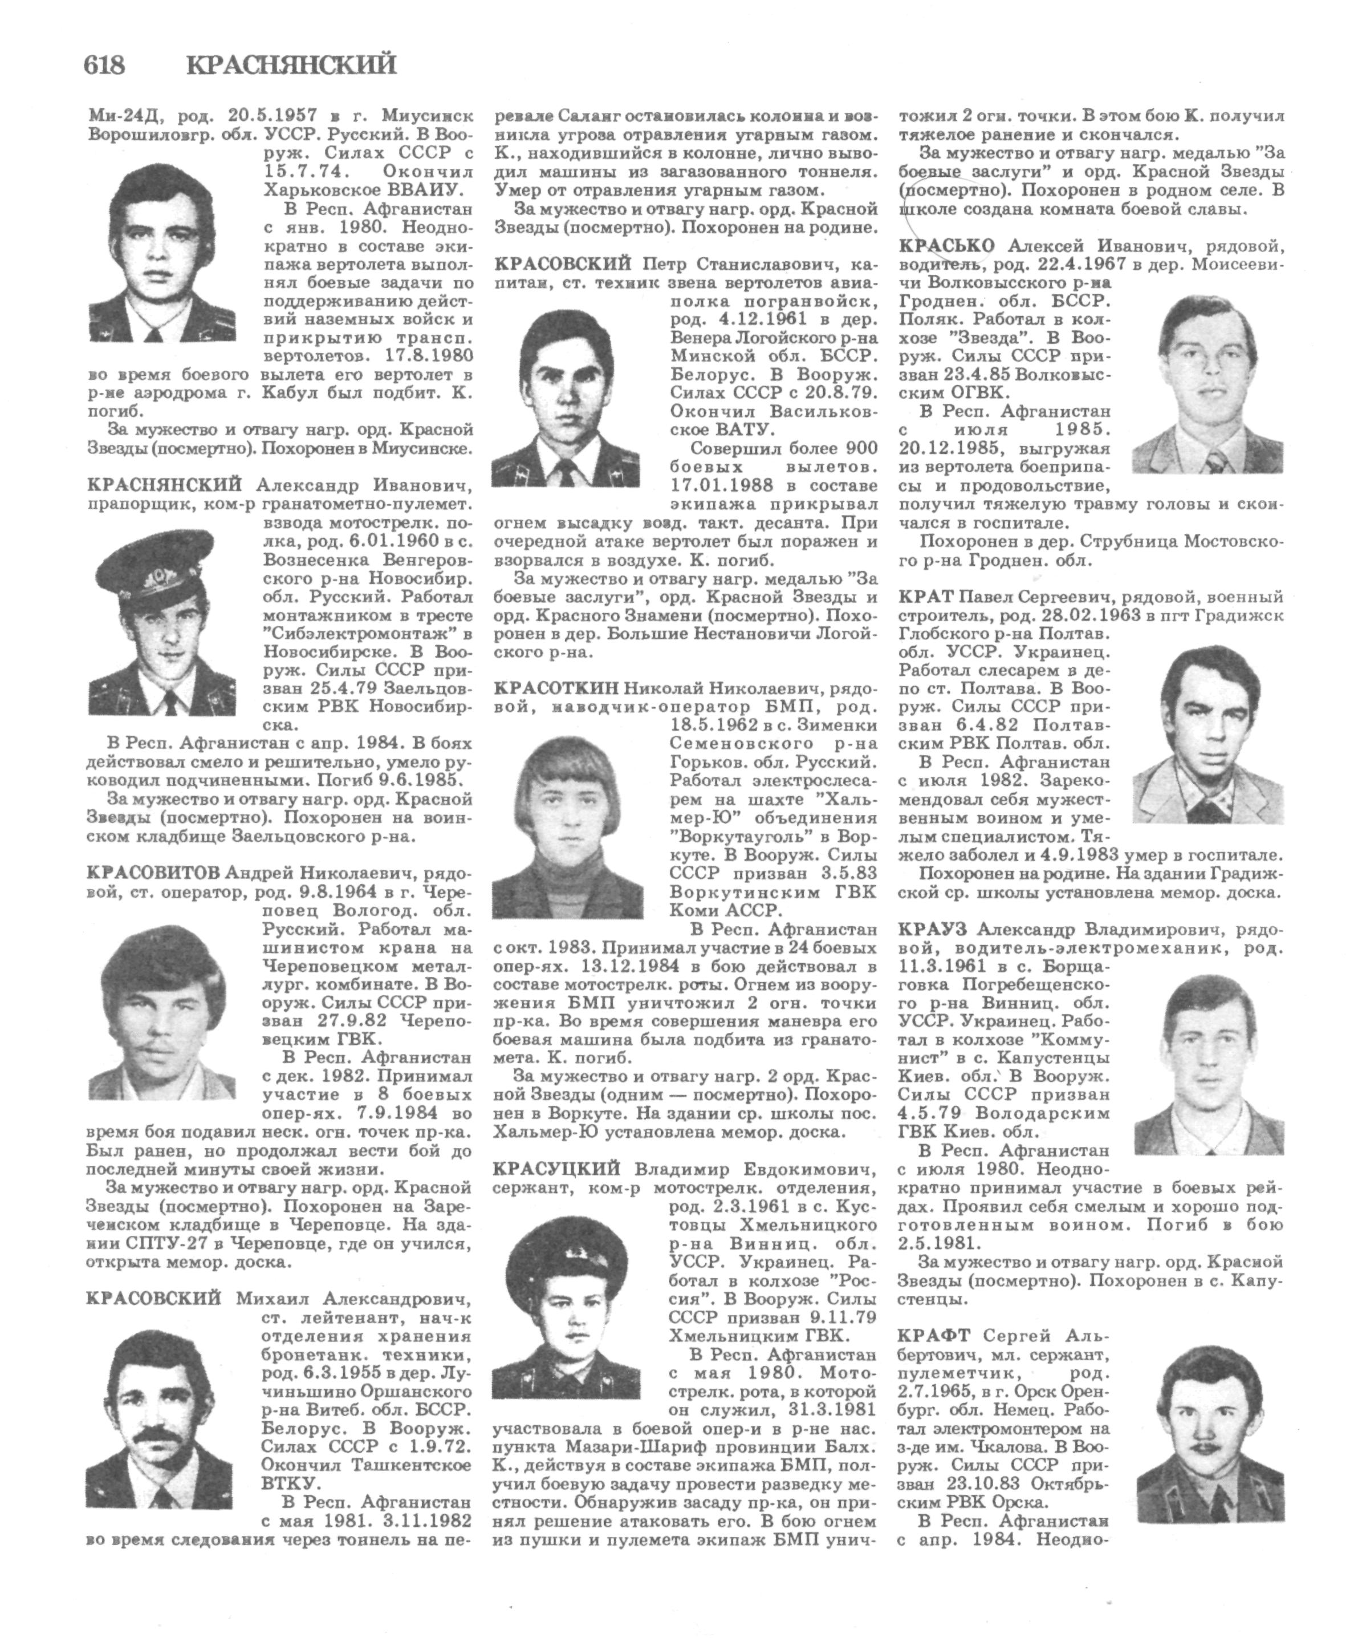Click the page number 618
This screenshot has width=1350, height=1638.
click(x=104, y=64)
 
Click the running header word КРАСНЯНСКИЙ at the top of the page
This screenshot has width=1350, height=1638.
click(x=292, y=64)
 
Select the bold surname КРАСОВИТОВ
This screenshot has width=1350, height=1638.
click(x=153, y=872)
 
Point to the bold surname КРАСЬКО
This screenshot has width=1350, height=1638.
click(x=946, y=246)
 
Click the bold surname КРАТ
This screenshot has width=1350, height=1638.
click(x=925, y=597)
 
